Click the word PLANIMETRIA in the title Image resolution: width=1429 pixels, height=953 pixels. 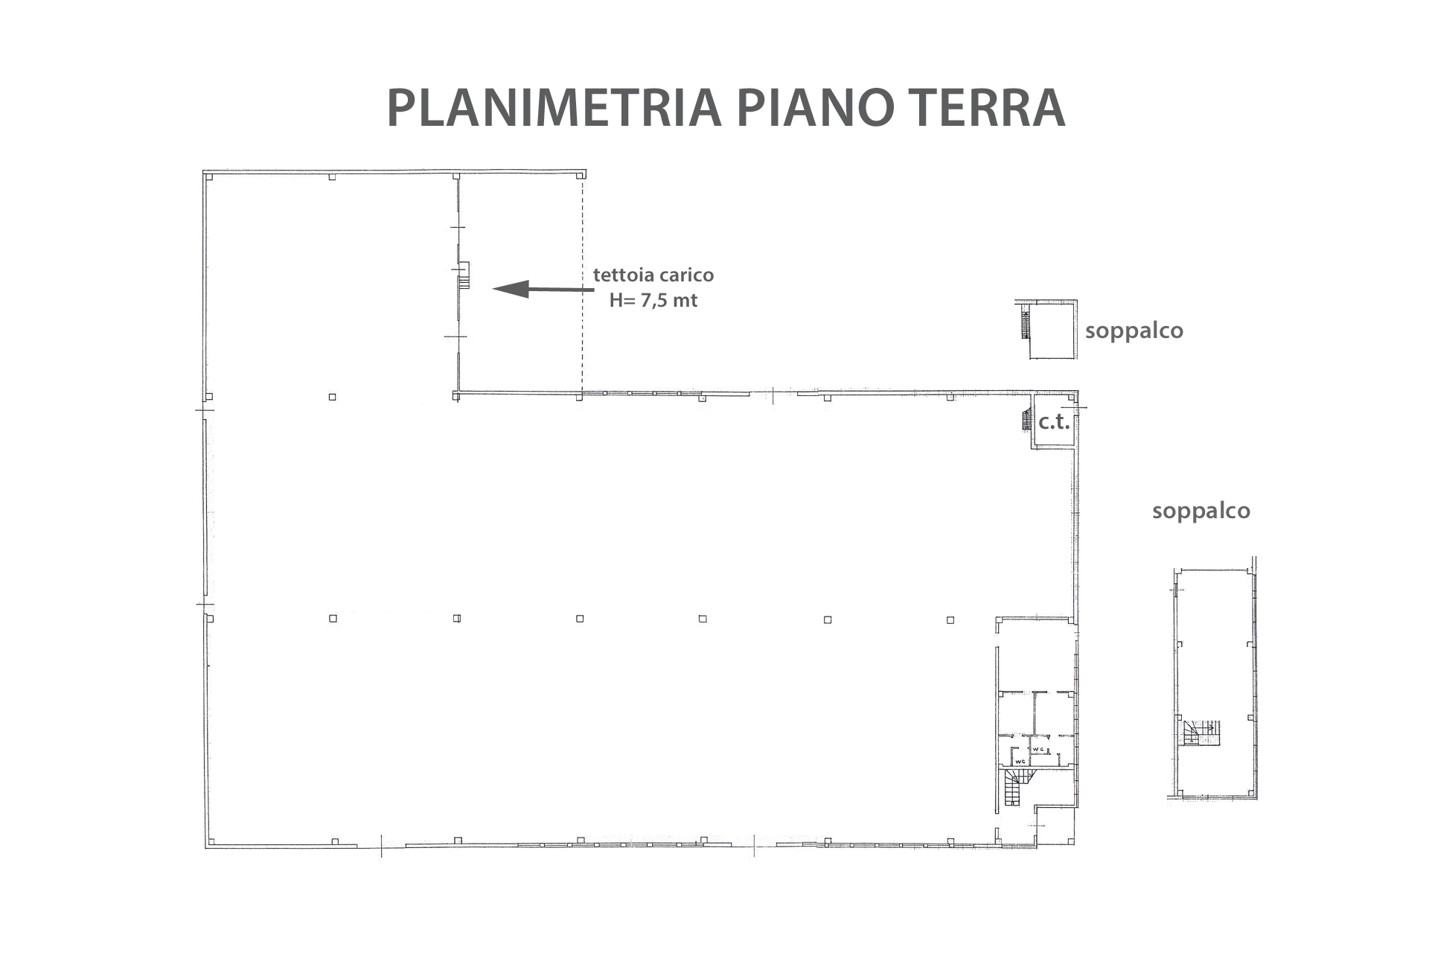[554, 109]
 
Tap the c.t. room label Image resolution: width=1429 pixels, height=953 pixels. [1054, 423]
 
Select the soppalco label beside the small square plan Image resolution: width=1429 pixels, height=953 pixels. [1134, 331]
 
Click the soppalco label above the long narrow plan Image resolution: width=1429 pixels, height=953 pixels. [1201, 511]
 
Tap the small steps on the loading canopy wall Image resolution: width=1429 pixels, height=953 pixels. [464, 275]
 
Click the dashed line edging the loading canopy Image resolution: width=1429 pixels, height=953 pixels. [582, 287]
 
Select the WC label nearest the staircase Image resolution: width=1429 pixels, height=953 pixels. [1020, 761]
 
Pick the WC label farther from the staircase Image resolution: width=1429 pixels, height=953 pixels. [1040, 748]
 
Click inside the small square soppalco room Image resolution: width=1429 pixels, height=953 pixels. [1052, 331]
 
